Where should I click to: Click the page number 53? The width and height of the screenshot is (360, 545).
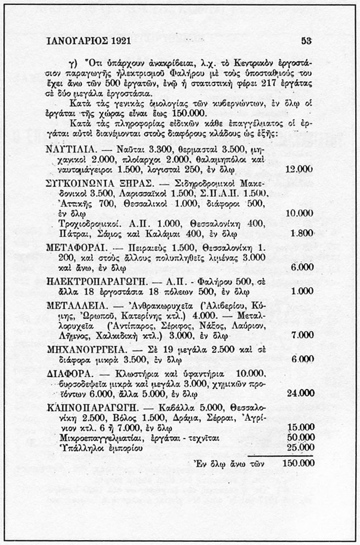pos(306,40)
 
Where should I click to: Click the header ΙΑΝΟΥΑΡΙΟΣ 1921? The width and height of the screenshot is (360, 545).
pos(89,41)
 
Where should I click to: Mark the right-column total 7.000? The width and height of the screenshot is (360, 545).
pos(302,335)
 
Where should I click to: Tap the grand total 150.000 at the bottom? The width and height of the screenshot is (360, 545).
pos(298,463)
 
